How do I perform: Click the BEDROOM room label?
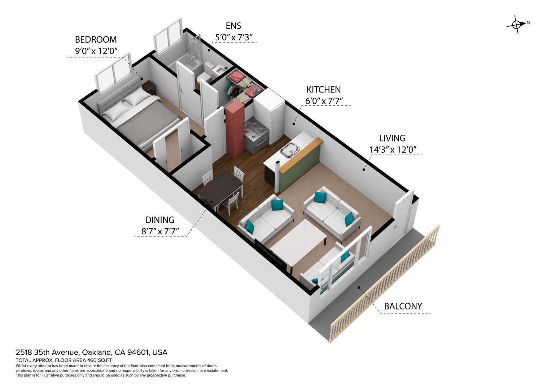96,40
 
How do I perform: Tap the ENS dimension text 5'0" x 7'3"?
234,38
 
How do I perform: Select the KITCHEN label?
323,90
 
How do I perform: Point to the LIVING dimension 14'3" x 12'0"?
393,149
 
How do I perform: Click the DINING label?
159,220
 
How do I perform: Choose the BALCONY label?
403,306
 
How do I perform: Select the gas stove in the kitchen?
257,134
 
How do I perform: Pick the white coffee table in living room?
298,243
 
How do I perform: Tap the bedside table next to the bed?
149,88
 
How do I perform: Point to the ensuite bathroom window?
168,36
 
